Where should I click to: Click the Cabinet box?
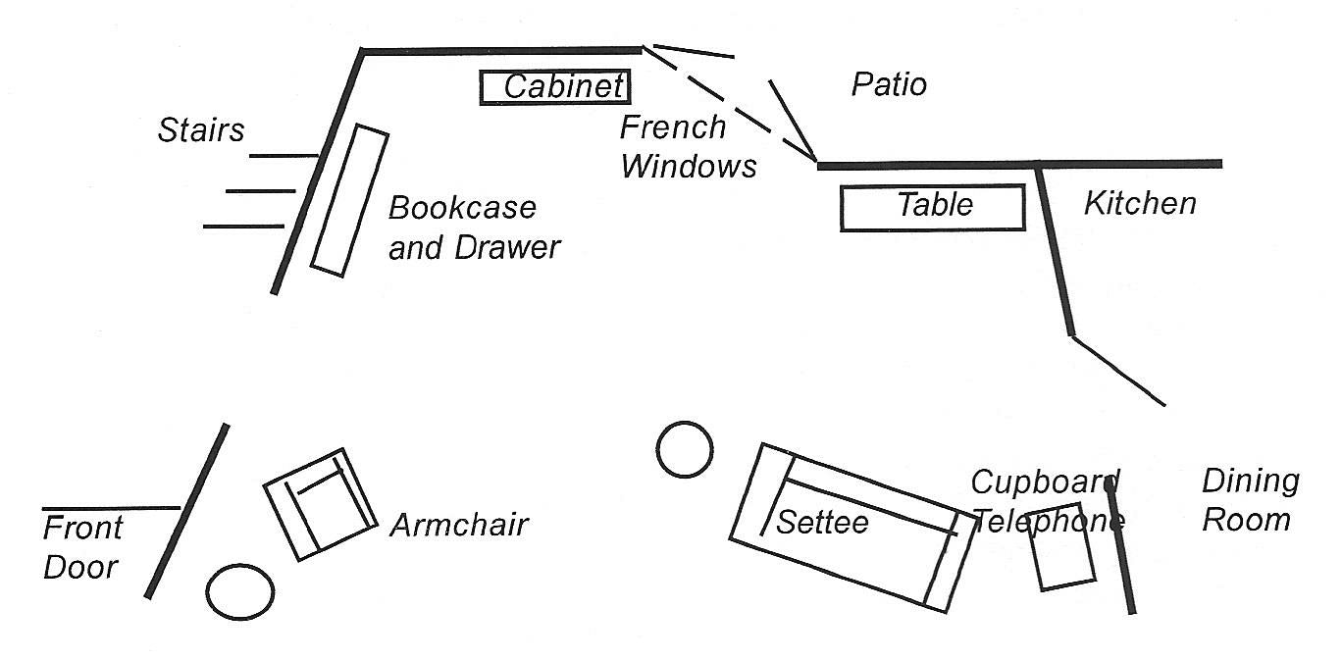(x=554, y=87)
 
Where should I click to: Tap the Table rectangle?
(x=933, y=207)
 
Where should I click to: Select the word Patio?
(x=889, y=84)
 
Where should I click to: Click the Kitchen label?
(x=1140, y=203)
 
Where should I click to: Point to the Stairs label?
(x=201, y=129)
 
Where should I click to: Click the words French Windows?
(x=687, y=146)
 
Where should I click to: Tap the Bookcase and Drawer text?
(x=473, y=228)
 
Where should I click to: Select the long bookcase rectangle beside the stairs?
(x=349, y=200)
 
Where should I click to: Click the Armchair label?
(x=458, y=525)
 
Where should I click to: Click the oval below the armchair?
(x=240, y=591)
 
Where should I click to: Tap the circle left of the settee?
(x=685, y=450)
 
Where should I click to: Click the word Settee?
(x=821, y=522)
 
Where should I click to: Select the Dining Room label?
(x=1250, y=500)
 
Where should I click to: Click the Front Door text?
(x=82, y=547)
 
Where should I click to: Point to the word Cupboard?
(x=1044, y=482)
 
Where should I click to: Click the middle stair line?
(x=261, y=190)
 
